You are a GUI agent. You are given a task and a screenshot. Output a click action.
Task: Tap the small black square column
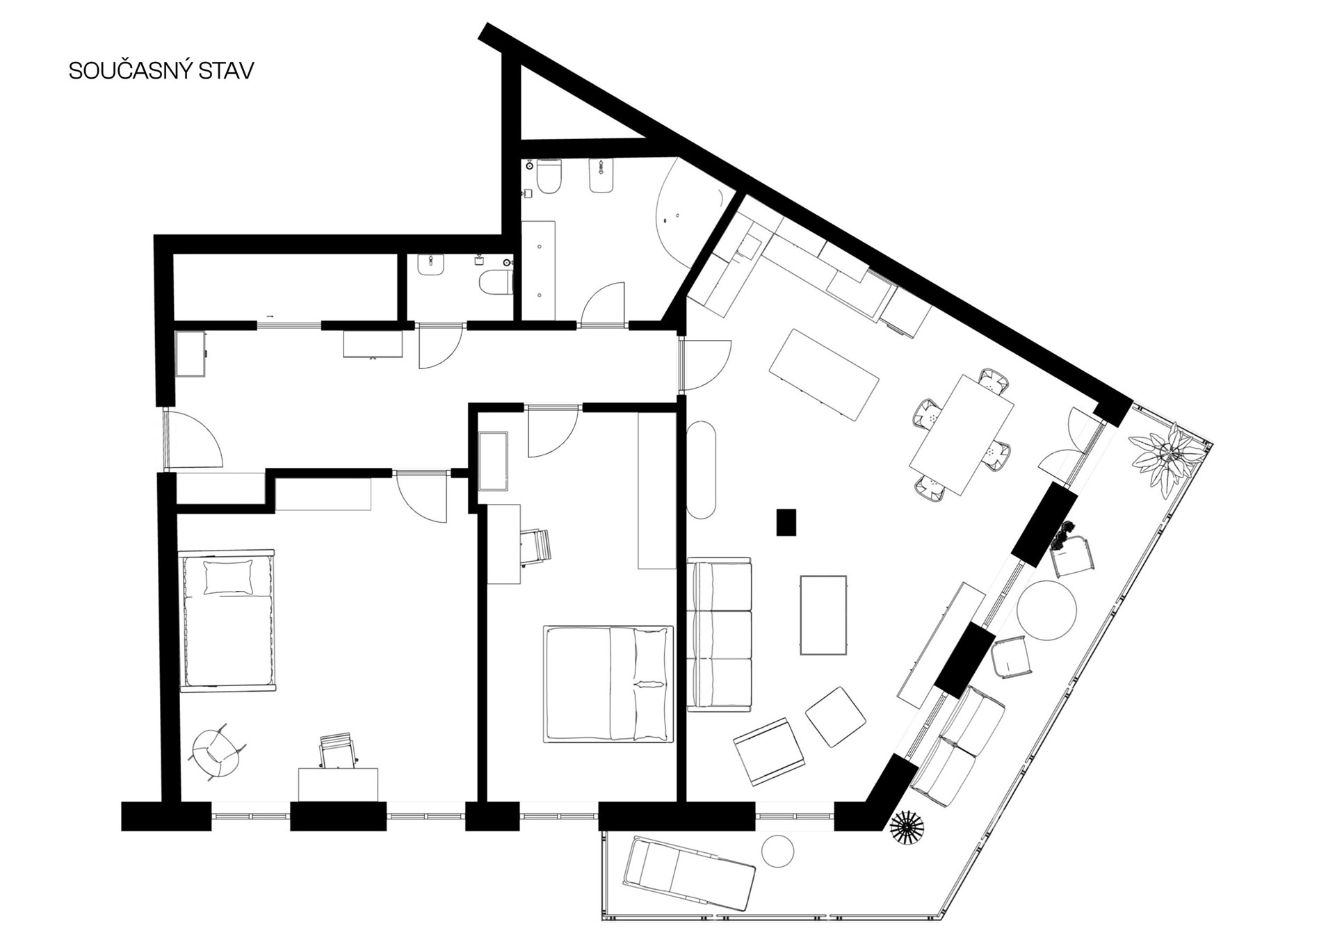tap(786, 522)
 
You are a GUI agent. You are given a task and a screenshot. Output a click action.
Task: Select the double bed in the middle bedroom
tap(608, 683)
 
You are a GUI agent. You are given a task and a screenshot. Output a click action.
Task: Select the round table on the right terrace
tap(1046, 610)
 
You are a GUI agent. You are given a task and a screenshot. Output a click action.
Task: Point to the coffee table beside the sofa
tap(823, 615)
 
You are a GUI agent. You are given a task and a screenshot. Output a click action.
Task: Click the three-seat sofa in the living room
tap(720, 634)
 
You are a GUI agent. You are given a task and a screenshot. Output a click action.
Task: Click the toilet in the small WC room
tap(496, 282)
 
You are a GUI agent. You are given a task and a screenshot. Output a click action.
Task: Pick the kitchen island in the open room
tap(825, 374)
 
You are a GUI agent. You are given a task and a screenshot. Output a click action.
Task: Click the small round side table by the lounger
tap(777, 850)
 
